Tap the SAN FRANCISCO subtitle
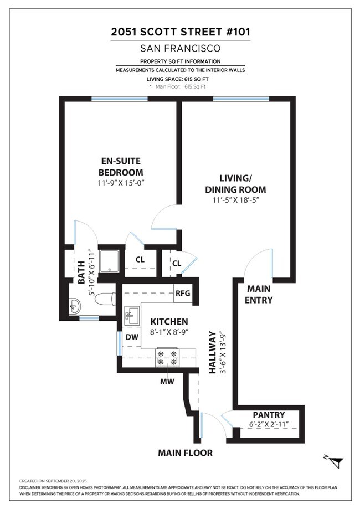[180, 48]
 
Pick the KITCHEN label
[169, 321]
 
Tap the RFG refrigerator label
[182, 294]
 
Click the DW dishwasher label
[131, 336]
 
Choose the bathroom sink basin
[74, 305]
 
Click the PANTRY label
[269, 415]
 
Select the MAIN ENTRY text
[259, 294]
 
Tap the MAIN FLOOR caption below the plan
[185, 453]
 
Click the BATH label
[81, 273]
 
